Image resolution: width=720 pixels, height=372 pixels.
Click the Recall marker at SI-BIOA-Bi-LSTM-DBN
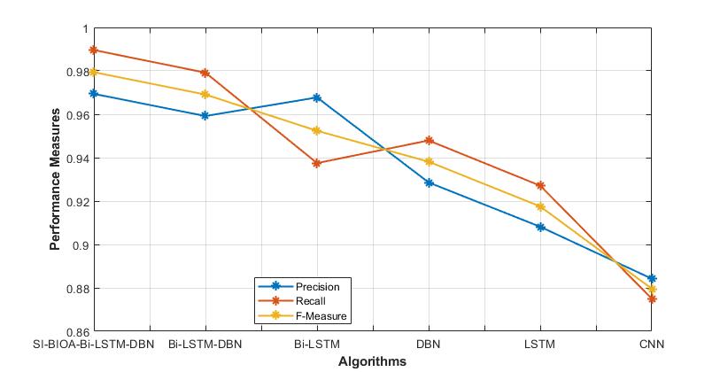(93, 50)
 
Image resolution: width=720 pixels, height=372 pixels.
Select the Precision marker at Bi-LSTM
(317, 97)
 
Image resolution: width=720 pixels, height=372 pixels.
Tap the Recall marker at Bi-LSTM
(317, 163)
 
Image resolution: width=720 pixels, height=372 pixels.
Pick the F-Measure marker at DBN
(430, 161)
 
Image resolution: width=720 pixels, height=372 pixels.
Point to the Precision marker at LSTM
(541, 227)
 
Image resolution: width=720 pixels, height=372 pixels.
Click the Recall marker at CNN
(653, 299)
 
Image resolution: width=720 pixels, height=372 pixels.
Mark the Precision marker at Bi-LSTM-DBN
(205, 116)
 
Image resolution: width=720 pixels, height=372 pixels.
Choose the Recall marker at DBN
(430, 140)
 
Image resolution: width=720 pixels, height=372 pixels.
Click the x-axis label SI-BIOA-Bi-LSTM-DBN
(93, 344)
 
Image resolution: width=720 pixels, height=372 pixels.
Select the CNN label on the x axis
(653, 344)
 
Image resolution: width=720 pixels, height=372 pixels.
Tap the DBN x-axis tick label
(430, 344)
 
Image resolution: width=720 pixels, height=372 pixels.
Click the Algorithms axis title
(372, 361)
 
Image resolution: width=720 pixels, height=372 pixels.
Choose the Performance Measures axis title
(55, 180)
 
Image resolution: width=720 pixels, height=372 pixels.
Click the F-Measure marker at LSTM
(541, 206)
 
